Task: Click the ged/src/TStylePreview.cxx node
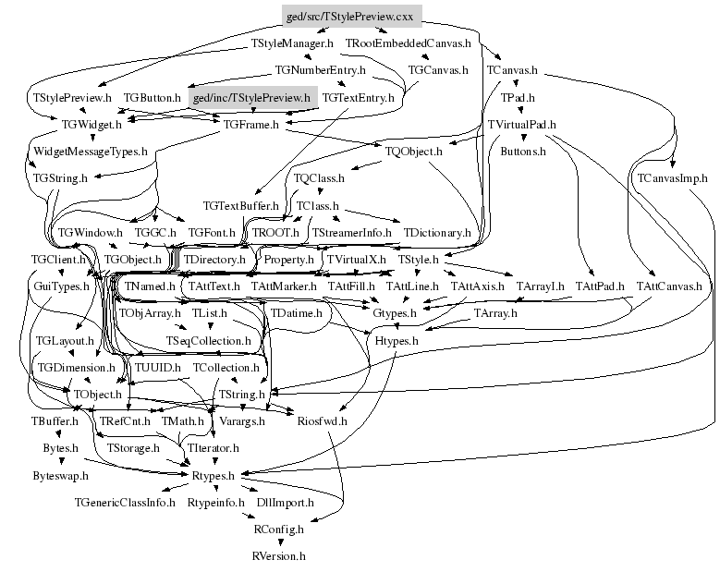(351, 18)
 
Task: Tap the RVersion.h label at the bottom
(278, 556)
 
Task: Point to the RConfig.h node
(278, 529)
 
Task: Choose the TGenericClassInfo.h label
(125, 503)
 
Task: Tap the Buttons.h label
(523, 151)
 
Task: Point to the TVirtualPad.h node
(521, 124)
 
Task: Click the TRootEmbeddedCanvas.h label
(408, 43)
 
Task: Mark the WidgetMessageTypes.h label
(91, 151)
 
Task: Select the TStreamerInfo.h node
(352, 232)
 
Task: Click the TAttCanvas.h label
(669, 286)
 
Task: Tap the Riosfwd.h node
(322, 421)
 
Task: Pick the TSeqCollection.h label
(208, 341)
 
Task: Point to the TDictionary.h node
(437, 232)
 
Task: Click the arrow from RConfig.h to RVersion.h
(278, 543)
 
